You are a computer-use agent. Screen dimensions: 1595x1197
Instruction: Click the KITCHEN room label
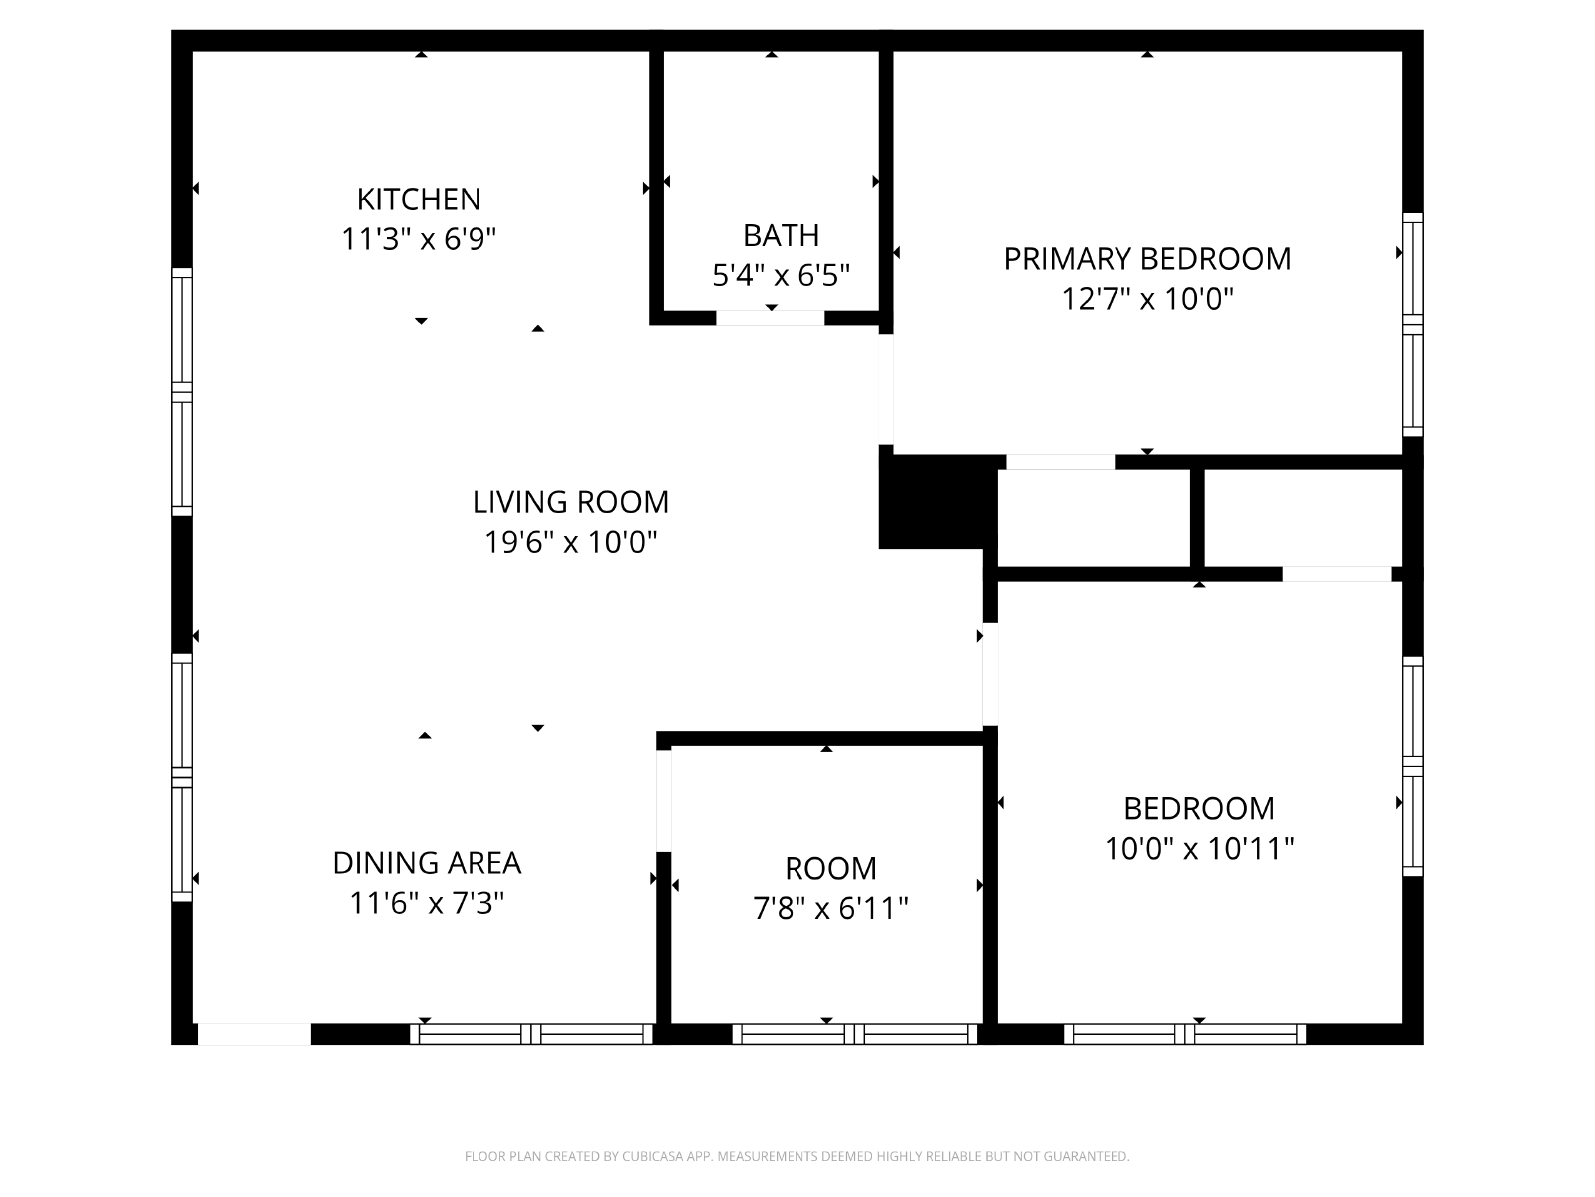[419, 199]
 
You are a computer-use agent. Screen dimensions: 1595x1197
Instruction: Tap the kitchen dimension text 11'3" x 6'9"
[419, 239]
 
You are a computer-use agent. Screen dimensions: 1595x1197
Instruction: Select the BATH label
[782, 235]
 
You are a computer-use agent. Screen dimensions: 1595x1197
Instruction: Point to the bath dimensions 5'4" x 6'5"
[782, 275]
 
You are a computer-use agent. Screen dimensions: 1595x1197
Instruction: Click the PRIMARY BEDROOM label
[1147, 258]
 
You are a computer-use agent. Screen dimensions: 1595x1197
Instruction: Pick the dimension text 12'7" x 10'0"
[1147, 298]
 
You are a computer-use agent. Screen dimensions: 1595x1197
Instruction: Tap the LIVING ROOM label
[570, 502]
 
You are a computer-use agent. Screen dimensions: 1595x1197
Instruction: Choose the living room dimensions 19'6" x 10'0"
[570, 542]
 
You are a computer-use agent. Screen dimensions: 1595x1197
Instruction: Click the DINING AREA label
[428, 863]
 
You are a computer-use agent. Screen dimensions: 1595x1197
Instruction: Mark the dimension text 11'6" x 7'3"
[428, 903]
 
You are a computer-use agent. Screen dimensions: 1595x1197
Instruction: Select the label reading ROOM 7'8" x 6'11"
[830, 888]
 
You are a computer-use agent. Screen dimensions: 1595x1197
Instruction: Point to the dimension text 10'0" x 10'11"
[1199, 848]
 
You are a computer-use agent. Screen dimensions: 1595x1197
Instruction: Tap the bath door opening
[771, 318]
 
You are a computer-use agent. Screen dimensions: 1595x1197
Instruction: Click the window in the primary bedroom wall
[1412, 325]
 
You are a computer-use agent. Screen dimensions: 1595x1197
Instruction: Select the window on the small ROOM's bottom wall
[854, 1034]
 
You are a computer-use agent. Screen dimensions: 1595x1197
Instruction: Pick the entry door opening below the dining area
[254, 1034]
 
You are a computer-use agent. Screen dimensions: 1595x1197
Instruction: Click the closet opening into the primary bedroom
[1061, 462]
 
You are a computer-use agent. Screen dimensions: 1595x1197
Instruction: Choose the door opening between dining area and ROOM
[664, 800]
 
